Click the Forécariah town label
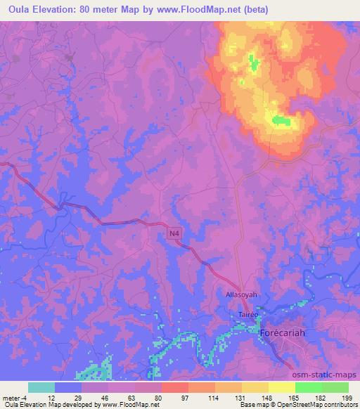pos(285,332)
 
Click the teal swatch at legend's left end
pos(41,387)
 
